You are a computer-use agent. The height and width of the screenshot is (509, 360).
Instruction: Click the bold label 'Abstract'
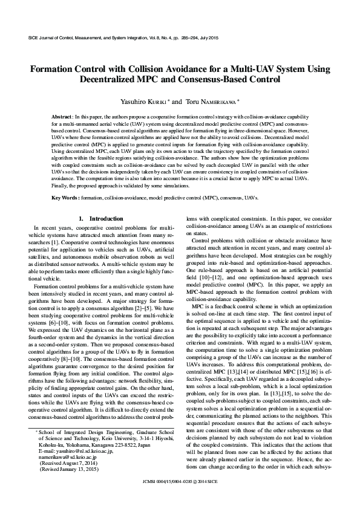61,115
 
